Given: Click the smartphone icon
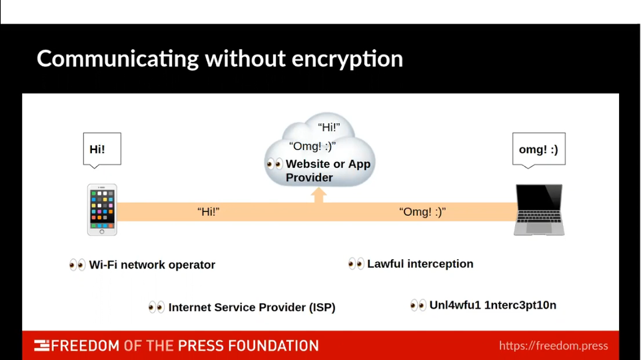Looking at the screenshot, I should pyautogui.click(x=102, y=209).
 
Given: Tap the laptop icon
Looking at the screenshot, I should pyautogui.click(x=539, y=210).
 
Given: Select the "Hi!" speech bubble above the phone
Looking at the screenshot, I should pyautogui.click(x=102, y=149).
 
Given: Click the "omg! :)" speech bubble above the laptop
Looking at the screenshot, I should pyautogui.click(x=538, y=149).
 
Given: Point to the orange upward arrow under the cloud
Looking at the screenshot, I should pyautogui.click(x=319, y=195).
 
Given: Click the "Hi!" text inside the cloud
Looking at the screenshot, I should pyautogui.click(x=328, y=127).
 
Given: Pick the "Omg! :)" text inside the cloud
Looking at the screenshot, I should pyautogui.click(x=313, y=147).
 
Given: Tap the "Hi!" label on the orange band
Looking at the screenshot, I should pyautogui.click(x=209, y=212).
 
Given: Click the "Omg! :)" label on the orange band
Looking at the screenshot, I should pyautogui.click(x=422, y=212).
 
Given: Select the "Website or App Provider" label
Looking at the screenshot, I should pyautogui.click(x=328, y=171).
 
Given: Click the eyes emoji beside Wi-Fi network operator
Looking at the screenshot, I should pyautogui.click(x=77, y=265).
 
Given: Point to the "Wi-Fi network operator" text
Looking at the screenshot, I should pyautogui.click(x=152, y=265).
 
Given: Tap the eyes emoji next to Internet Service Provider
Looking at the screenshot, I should pyautogui.click(x=157, y=307).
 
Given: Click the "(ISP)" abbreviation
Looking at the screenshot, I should pyautogui.click(x=322, y=307).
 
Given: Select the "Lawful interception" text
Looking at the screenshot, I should pyautogui.click(x=420, y=264).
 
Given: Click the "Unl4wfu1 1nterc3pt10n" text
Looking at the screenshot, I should pyautogui.click(x=492, y=305).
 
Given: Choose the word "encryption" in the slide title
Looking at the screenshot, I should pyautogui.click(x=348, y=59).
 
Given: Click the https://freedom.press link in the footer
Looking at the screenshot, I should pyautogui.click(x=553, y=345).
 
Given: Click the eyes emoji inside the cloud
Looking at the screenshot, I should pyautogui.click(x=275, y=164).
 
